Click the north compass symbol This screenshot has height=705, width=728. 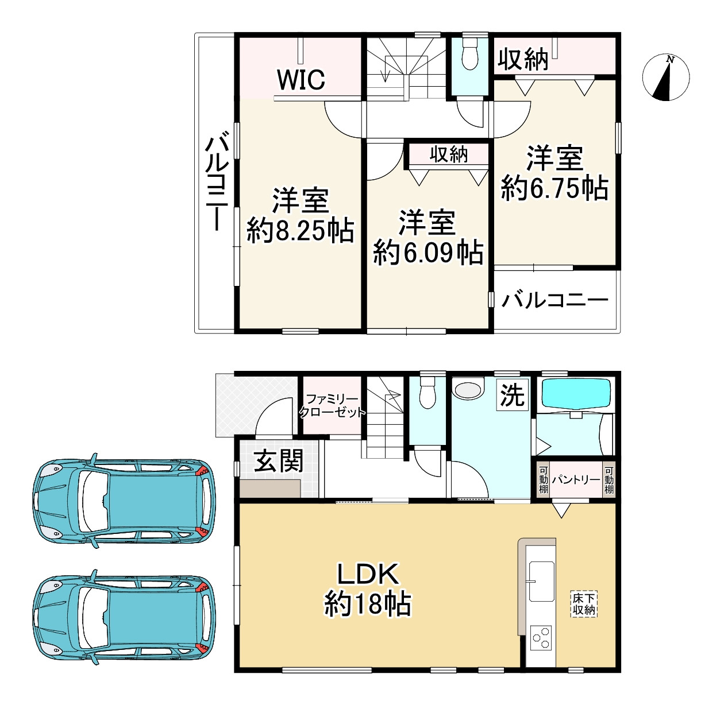pyautogui.click(x=665, y=78)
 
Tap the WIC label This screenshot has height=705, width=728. pyautogui.click(x=301, y=80)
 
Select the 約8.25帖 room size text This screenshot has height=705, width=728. pyautogui.click(x=301, y=230)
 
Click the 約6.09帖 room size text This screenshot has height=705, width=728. pyautogui.click(x=428, y=253)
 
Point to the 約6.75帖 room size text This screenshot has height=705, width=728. pyautogui.click(x=555, y=188)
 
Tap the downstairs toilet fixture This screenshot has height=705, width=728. pyautogui.click(x=427, y=392)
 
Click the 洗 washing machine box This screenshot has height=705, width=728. pyautogui.click(x=512, y=395)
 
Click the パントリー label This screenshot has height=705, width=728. pyautogui.click(x=576, y=479)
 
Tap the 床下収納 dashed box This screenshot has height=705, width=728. pyautogui.click(x=584, y=604)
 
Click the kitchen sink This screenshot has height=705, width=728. pyautogui.click(x=541, y=581)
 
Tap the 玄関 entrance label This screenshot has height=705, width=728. pyautogui.click(x=279, y=461)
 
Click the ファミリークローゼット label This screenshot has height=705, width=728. pyautogui.click(x=332, y=405)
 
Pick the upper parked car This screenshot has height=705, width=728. pyautogui.click(x=124, y=501)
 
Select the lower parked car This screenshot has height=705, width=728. pyautogui.click(x=124, y=617)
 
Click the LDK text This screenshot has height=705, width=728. pyautogui.click(x=368, y=574)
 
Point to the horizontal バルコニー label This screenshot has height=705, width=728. pyautogui.click(x=555, y=301)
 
